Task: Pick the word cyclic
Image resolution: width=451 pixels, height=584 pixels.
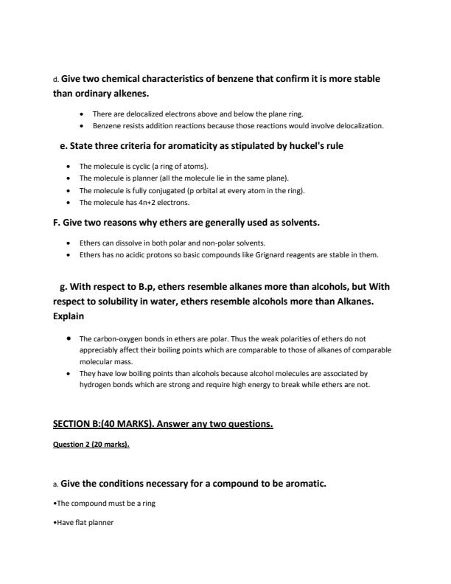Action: (135, 167)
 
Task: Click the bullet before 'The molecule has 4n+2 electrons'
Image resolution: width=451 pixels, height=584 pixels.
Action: (69, 202)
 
